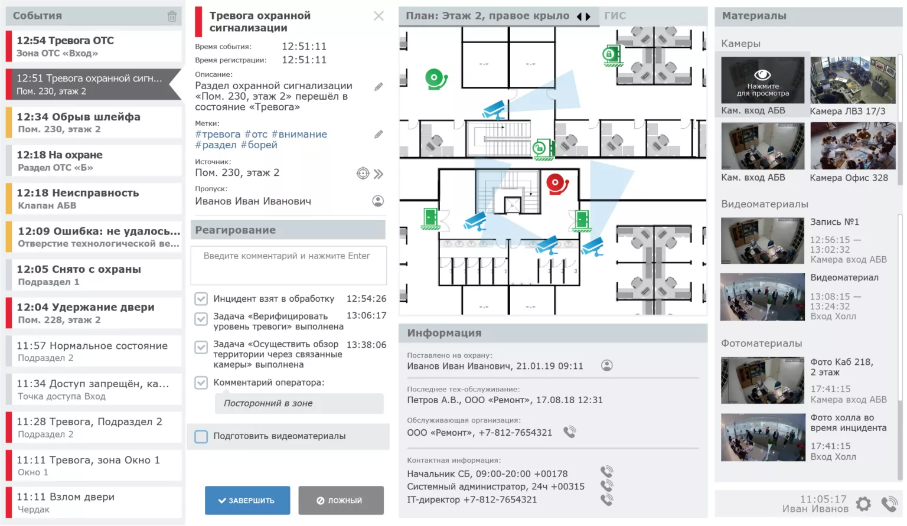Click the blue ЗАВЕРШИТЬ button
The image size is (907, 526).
247,500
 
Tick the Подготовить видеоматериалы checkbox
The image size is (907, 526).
201,436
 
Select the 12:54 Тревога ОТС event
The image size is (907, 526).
93,46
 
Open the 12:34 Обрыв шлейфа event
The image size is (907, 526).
93,122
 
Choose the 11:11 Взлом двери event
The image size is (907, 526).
93,502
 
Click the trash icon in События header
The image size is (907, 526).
172,17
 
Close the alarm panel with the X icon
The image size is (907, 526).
379,17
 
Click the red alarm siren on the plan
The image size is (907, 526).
556,184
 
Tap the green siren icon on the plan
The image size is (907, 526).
436,79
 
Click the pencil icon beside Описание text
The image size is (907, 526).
379,87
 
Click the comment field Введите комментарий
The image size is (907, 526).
288,265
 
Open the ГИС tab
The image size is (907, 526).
615,16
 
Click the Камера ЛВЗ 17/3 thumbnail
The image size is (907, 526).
852,80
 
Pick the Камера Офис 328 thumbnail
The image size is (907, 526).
852,146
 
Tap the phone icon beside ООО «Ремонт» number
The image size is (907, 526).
569,432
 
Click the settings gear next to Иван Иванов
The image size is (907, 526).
863,504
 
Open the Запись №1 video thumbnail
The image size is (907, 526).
762,241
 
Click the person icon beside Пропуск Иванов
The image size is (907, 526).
378,201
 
